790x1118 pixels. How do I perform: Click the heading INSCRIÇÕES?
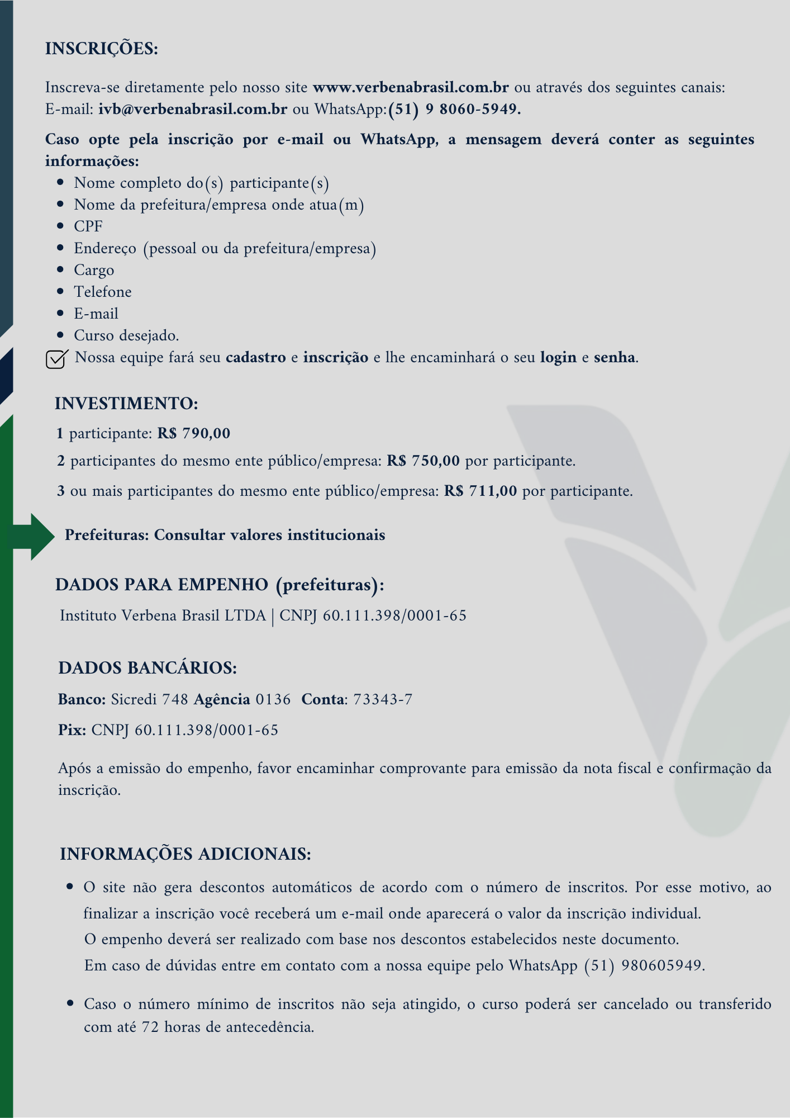[102, 49]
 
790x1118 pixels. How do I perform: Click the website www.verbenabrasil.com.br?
[411, 88]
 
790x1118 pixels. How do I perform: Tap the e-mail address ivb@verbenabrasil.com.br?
[193, 109]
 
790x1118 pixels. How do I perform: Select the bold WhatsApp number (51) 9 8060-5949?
[454, 109]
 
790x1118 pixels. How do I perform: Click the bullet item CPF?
[88, 226]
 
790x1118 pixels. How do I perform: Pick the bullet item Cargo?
[94, 270]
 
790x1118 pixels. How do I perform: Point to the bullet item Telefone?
[103, 292]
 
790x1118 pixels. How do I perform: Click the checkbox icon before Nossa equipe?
[56, 359]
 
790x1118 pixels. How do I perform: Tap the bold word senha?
[615, 357]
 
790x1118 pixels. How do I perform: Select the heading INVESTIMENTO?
[126, 404]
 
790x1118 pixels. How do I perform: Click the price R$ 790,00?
[194, 433]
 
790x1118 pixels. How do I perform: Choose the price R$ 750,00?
[423, 461]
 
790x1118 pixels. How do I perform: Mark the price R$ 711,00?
[480, 491]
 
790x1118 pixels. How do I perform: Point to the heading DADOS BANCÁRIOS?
[147, 668]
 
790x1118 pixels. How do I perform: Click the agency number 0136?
[273, 699]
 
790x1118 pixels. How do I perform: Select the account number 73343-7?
[383, 699]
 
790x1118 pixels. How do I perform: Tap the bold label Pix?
[72, 730]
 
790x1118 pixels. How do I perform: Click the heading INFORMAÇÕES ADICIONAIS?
[185, 854]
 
